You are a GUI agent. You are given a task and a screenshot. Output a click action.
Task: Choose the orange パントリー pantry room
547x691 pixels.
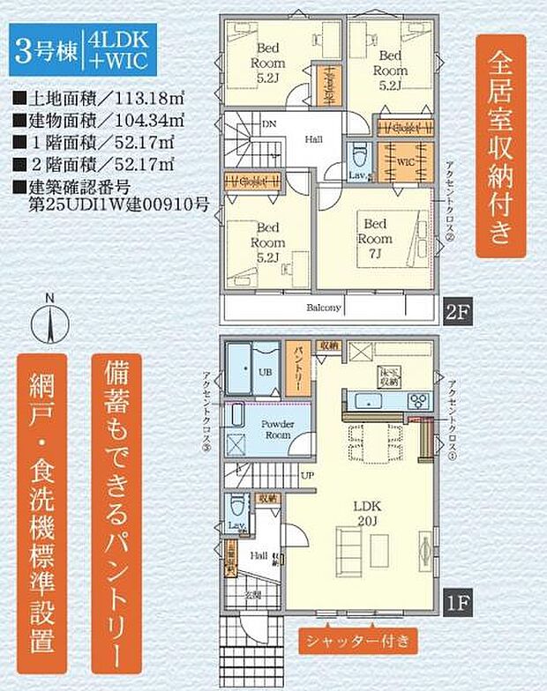click(x=297, y=368)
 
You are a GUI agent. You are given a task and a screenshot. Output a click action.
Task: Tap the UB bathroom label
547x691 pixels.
click(x=265, y=371)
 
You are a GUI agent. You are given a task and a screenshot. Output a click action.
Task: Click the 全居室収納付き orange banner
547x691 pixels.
click(x=500, y=146)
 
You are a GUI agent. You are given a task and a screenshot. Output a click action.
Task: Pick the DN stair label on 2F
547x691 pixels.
click(x=268, y=126)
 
